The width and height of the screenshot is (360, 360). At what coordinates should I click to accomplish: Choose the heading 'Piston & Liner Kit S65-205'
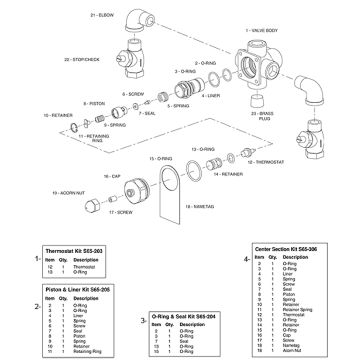(69, 287)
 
